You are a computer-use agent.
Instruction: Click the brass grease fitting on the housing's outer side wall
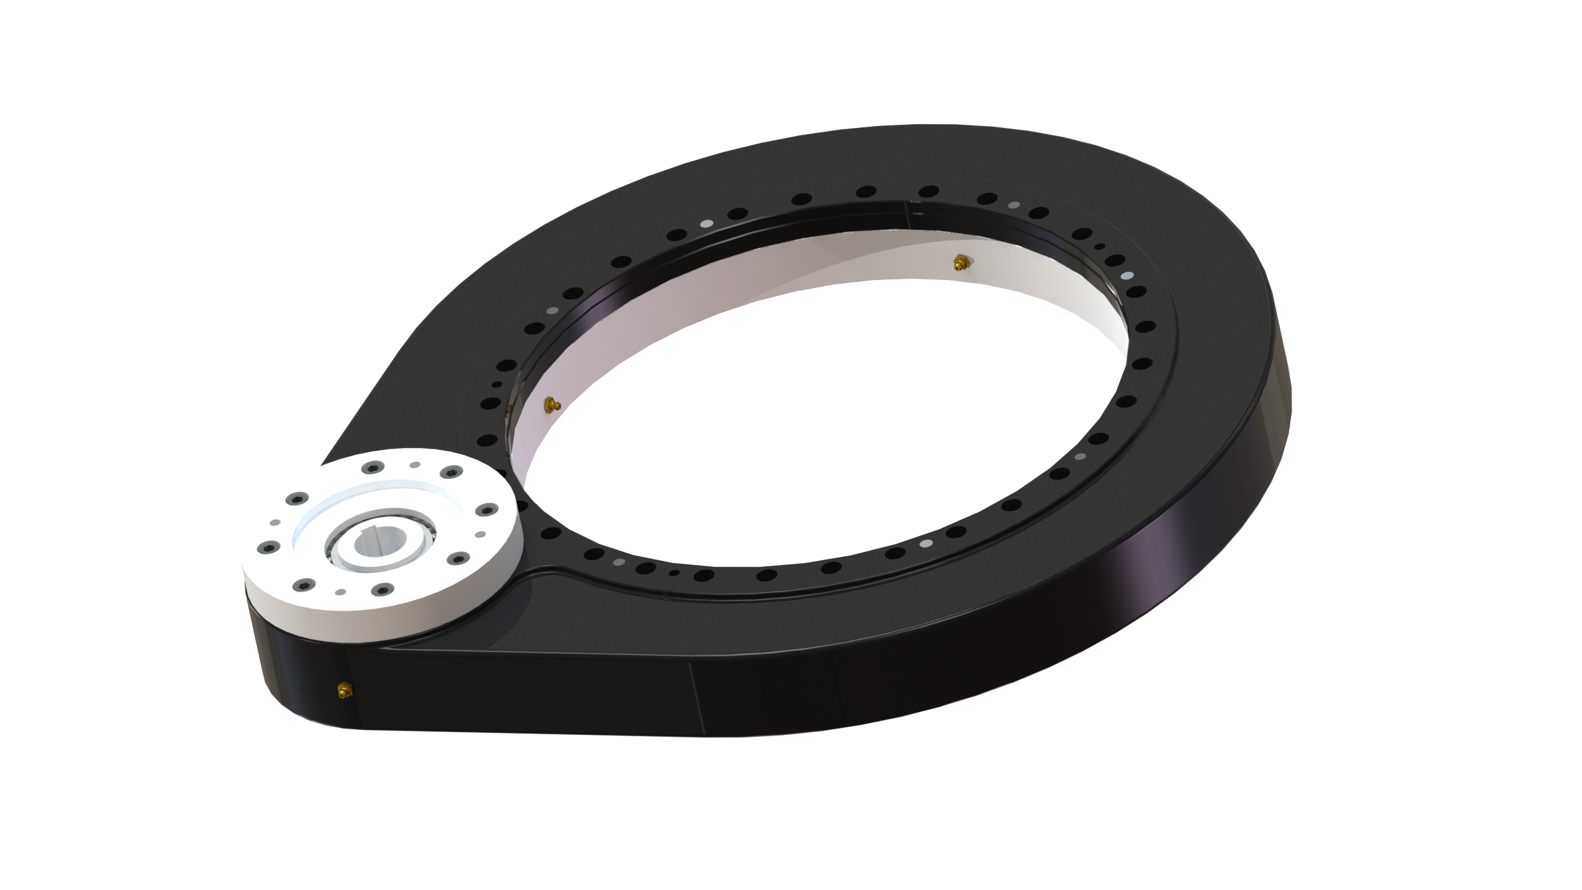(x=342, y=690)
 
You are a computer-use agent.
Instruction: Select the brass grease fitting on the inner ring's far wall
(x=959, y=262)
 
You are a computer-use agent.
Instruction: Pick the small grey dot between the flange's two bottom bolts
(x=339, y=592)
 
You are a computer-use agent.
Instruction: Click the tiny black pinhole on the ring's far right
(x=1099, y=247)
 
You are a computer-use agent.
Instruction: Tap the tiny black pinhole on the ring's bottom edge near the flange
(x=675, y=572)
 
